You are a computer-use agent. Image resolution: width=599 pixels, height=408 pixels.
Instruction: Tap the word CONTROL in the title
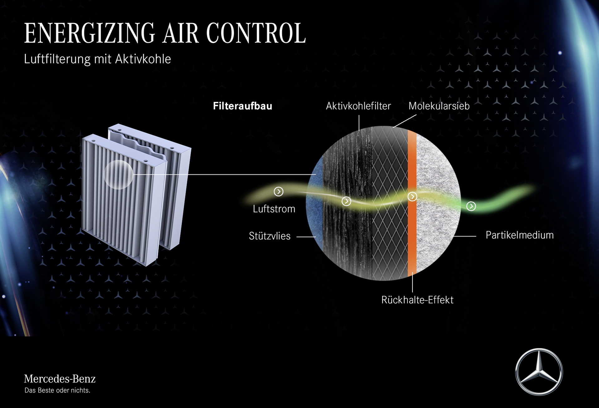click(256, 33)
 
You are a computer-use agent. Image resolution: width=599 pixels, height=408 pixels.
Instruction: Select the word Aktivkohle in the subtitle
click(143, 59)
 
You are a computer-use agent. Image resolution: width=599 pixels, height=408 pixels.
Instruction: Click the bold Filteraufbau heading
click(243, 106)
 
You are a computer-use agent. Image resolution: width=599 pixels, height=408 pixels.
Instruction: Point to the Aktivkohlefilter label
click(358, 106)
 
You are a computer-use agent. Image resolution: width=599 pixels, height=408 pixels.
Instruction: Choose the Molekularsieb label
click(439, 106)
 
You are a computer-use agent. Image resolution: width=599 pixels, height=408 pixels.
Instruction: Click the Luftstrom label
click(274, 209)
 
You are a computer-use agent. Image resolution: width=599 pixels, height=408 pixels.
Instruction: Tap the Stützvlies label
click(270, 236)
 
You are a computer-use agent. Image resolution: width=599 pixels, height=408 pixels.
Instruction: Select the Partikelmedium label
click(520, 235)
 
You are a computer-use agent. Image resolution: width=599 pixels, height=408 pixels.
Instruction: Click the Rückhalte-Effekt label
click(417, 300)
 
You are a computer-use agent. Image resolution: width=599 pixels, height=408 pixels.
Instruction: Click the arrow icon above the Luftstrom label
click(279, 192)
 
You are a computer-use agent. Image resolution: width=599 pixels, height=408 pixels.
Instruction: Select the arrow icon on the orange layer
click(412, 197)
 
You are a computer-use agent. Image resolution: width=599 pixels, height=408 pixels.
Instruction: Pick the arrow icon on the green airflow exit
click(471, 206)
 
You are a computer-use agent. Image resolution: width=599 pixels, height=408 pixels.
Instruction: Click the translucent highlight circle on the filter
click(118, 175)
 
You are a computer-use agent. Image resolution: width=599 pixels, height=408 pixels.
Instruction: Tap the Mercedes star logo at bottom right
click(539, 372)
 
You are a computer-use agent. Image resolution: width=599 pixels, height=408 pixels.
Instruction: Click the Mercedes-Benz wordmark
click(60, 379)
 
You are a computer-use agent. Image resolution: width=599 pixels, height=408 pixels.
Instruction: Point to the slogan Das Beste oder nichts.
click(57, 390)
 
